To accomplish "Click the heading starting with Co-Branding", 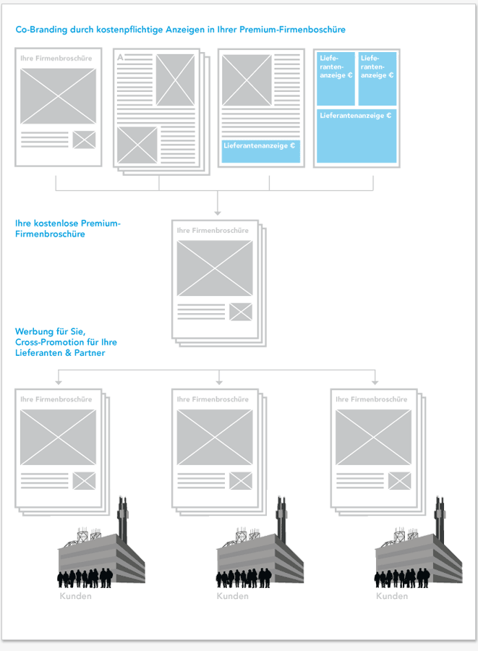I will pyautogui.click(x=180, y=30).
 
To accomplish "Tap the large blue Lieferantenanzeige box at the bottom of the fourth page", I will pyautogui.click(x=356, y=135).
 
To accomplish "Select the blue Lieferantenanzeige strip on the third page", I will pyautogui.click(x=260, y=150).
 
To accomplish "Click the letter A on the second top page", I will pyautogui.click(x=120, y=56).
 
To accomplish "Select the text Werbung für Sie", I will pyautogui.click(x=49, y=331).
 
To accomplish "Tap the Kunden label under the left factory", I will pyautogui.click(x=75, y=596).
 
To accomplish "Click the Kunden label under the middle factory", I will pyautogui.click(x=232, y=596).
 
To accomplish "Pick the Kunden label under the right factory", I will pyautogui.click(x=391, y=596).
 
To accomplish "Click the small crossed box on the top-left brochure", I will pyautogui.click(x=84, y=140).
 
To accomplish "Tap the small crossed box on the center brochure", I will pyautogui.click(x=240, y=312).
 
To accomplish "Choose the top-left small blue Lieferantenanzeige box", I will pyautogui.click(x=336, y=78).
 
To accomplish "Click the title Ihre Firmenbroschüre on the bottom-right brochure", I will pyautogui.click(x=372, y=399).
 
